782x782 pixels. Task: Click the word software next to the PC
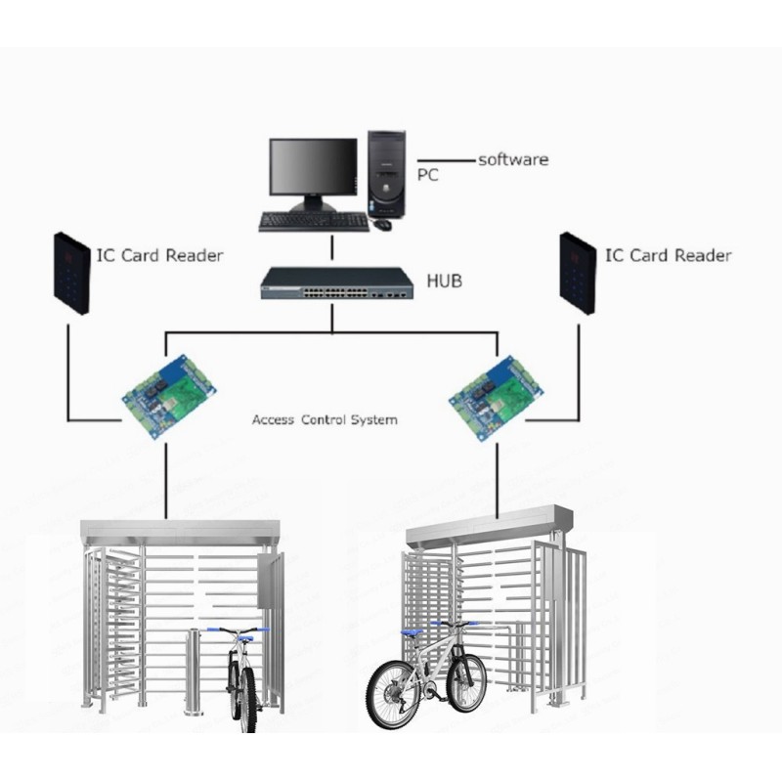513,159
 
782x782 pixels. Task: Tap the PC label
427,175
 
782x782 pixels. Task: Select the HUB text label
445,281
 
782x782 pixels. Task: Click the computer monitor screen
313,166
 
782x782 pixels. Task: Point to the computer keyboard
314,222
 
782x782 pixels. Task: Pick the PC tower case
387,174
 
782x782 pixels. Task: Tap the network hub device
337,283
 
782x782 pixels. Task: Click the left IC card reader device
71,274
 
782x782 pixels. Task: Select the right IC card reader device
578,274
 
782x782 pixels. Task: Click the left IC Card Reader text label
159,255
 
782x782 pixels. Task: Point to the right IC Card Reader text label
669,255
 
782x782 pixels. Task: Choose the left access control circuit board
168,396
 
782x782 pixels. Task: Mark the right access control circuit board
495,398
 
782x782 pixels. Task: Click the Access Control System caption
325,420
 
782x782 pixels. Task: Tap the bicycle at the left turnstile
241,678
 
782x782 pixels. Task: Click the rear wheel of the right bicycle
394,695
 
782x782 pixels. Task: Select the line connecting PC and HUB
332,249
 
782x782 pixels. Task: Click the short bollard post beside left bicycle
193,672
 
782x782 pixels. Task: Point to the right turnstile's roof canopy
490,527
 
